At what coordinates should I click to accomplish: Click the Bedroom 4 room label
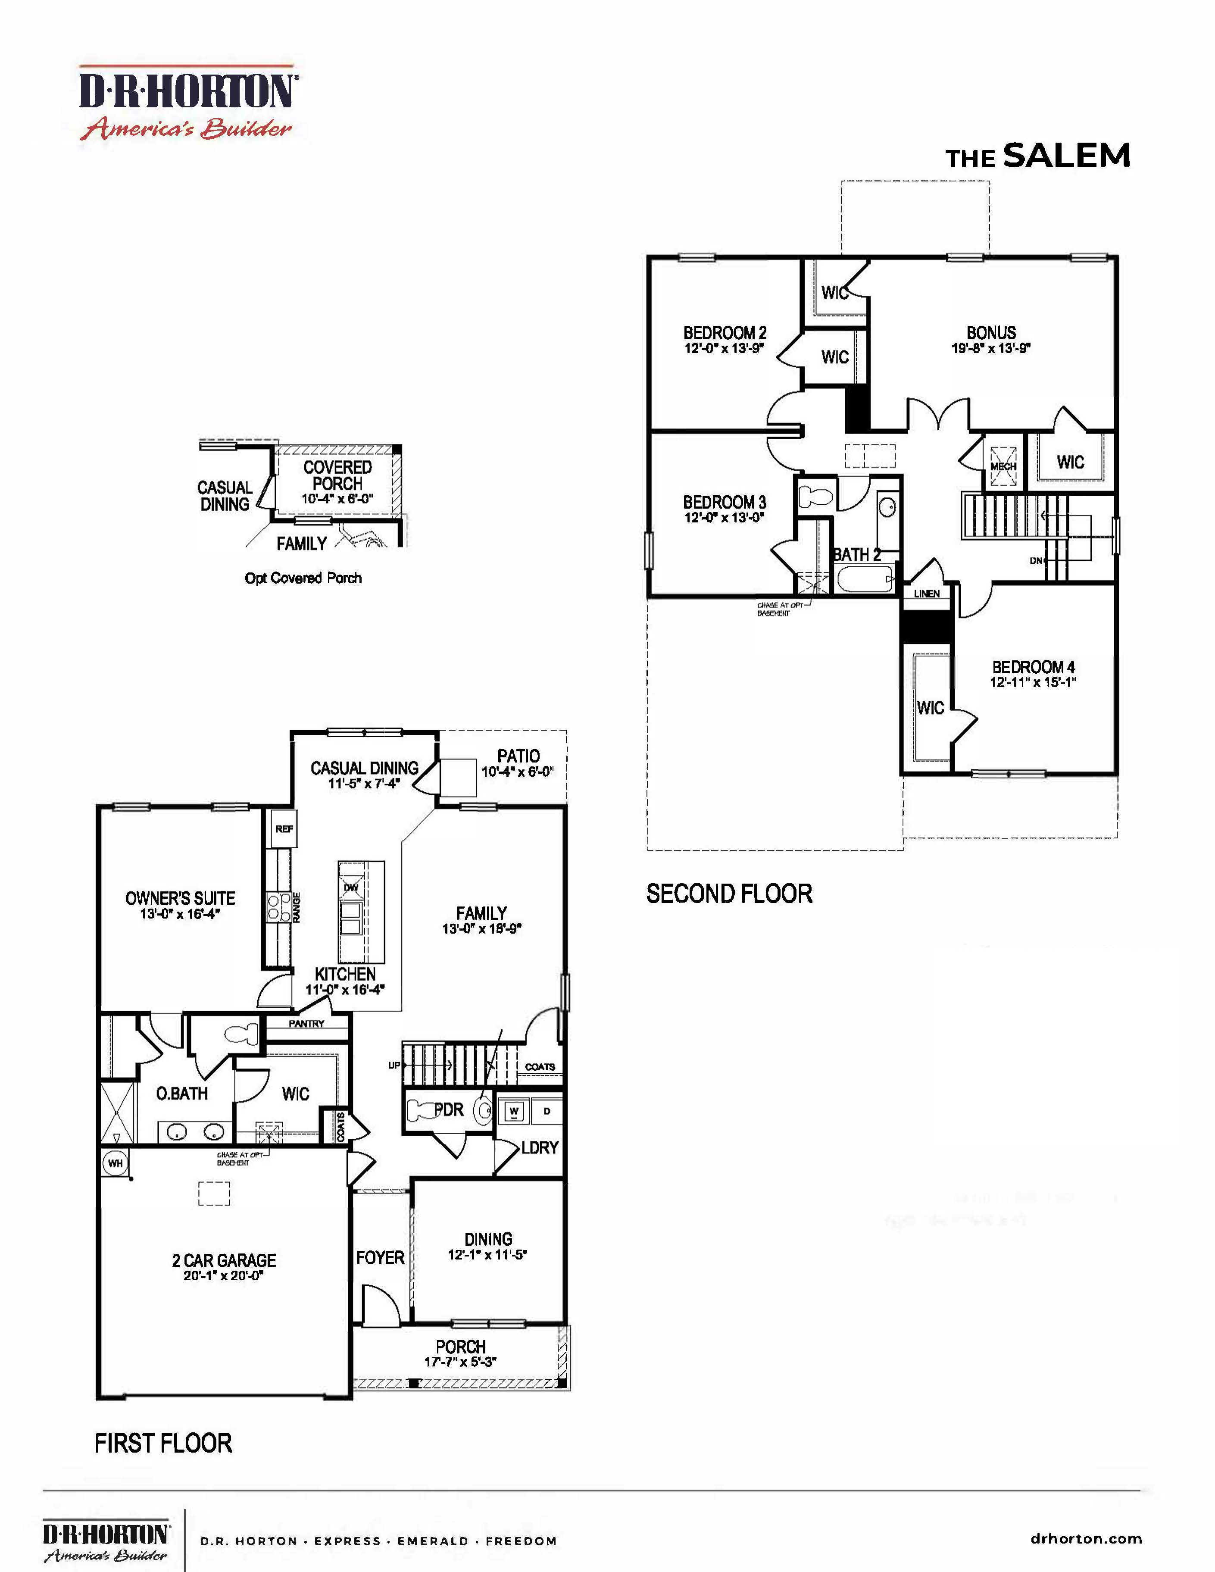coord(1033,667)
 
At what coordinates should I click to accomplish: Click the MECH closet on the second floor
coord(1003,461)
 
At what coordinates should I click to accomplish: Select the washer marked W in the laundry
coord(514,1111)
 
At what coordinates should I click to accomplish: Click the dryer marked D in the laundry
coord(547,1111)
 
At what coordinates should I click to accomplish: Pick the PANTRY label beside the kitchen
coord(306,1023)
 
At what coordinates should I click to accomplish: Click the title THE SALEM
coord(1037,156)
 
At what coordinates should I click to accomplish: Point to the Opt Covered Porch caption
coord(303,578)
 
